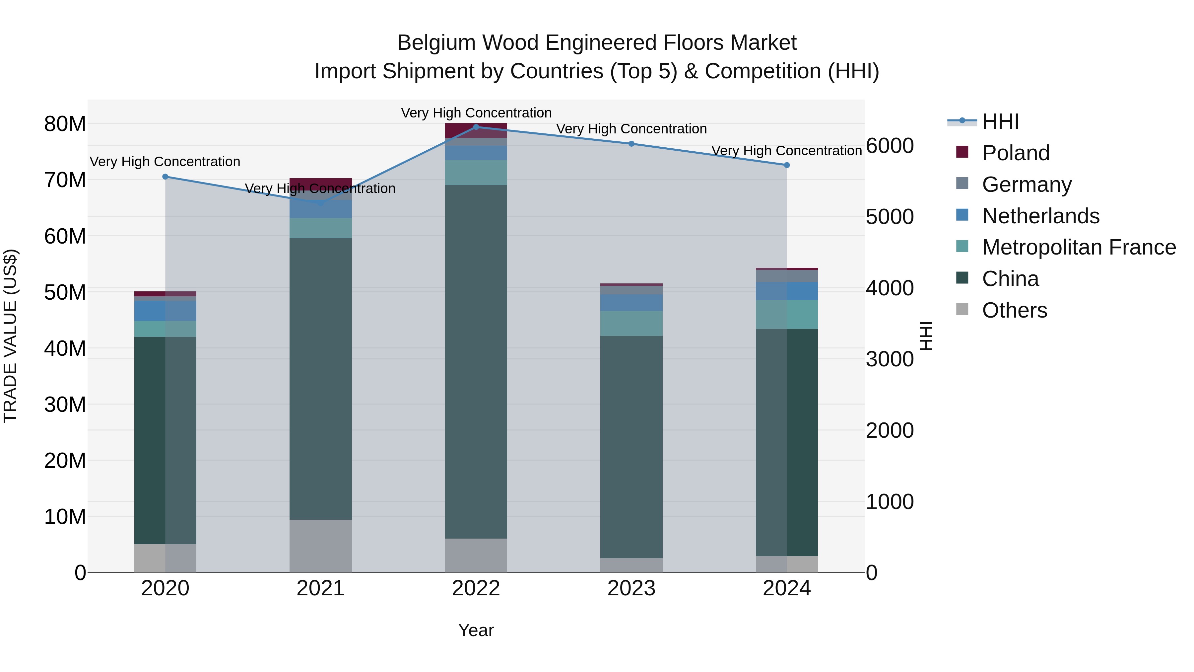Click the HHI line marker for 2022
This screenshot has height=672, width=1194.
pyautogui.click(x=476, y=127)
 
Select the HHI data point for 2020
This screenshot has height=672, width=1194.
pyautogui.click(x=166, y=177)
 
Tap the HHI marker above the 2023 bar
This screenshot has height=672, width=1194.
pyautogui.click(x=631, y=144)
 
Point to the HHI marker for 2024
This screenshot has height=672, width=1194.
pyautogui.click(x=787, y=165)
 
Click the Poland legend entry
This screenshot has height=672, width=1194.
pyautogui.click(x=1015, y=153)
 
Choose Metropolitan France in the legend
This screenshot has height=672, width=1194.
pyautogui.click(x=1079, y=247)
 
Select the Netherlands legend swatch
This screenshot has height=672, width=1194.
pyautogui.click(x=962, y=215)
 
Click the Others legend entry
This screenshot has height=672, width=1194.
pyautogui.click(x=1014, y=310)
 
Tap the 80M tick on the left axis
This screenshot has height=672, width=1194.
pyautogui.click(x=65, y=124)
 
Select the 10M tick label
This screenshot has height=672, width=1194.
pyautogui.click(x=65, y=517)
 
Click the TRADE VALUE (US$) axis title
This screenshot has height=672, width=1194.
pyautogui.click(x=11, y=336)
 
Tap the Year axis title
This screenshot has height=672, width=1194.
pyautogui.click(x=476, y=630)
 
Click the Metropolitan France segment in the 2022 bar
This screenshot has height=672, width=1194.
pyautogui.click(x=476, y=173)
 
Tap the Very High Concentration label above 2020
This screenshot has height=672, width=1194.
pyautogui.click(x=165, y=162)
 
